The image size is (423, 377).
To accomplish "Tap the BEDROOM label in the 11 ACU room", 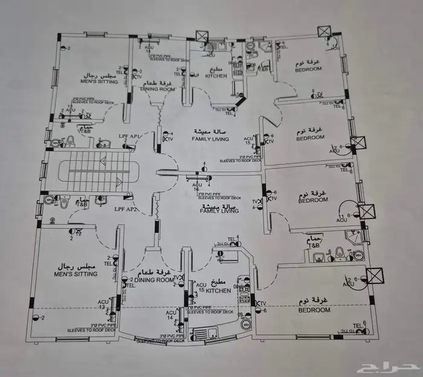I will click(313, 200).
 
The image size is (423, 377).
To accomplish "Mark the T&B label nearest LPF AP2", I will click(82, 204).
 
